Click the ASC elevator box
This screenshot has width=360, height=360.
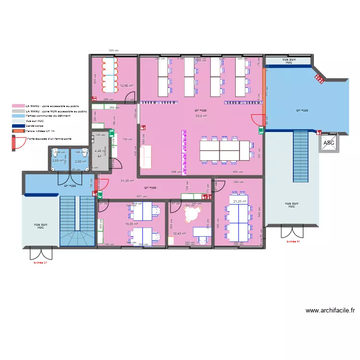(329, 143)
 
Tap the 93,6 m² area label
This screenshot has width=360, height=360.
(201, 116)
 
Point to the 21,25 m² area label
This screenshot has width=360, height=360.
(240, 202)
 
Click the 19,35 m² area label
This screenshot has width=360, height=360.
(131, 224)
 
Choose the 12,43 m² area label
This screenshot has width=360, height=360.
(179, 233)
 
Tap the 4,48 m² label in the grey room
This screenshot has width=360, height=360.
(98, 151)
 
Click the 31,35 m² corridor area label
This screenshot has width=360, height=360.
(127, 180)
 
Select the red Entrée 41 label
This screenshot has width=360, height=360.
(293, 241)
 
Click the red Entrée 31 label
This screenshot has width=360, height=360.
(40, 263)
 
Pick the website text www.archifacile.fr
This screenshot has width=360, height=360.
(330, 311)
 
